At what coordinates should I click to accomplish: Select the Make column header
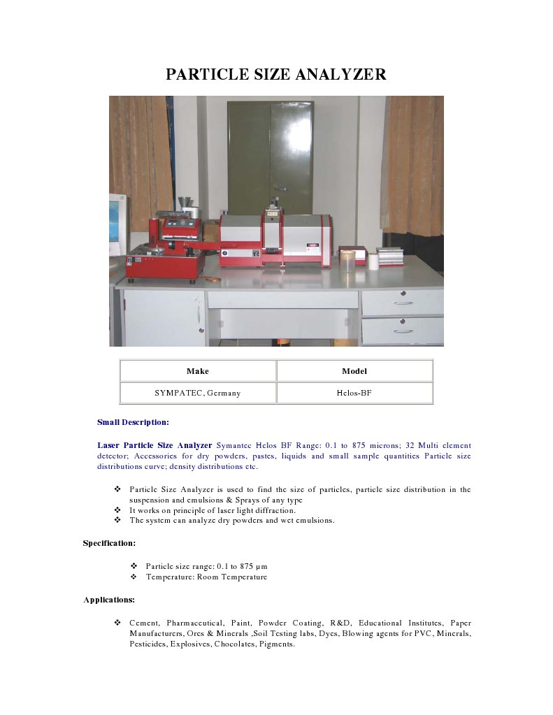point(198,371)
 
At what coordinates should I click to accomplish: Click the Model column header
point(354,371)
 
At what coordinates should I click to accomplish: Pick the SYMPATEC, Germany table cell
point(198,393)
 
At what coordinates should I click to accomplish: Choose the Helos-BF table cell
point(354,393)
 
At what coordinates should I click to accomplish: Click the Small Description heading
point(133,422)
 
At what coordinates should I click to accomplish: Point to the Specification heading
point(109,543)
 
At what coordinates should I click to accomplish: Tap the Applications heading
point(109,600)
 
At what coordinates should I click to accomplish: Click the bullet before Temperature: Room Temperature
point(134,577)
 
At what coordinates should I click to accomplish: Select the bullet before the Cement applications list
point(117,622)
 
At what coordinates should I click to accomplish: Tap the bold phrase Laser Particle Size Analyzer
point(155,445)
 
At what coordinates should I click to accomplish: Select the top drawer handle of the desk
point(403,303)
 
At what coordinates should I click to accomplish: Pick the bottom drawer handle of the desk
point(403,331)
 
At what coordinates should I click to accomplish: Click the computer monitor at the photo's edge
point(116,224)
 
